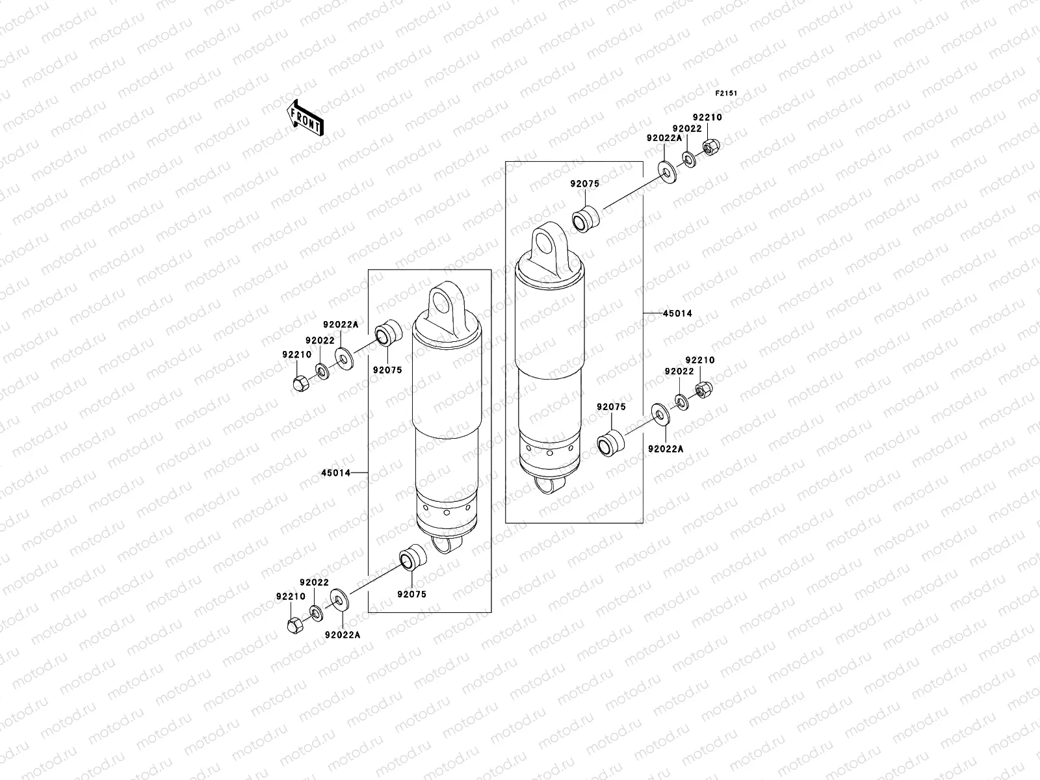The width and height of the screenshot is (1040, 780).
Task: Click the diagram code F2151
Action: point(727,94)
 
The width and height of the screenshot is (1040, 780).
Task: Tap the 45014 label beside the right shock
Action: point(677,313)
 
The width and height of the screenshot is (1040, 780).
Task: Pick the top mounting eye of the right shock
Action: point(546,244)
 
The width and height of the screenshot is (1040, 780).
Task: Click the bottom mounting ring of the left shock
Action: point(447,544)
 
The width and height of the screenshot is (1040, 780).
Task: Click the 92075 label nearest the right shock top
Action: point(585,184)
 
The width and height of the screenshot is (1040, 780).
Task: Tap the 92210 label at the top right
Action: point(707,118)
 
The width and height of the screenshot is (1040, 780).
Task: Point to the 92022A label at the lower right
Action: point(666,449)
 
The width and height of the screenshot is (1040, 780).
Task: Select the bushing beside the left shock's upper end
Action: point(391,333)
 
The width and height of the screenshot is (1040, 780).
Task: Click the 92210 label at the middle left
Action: point(296,354)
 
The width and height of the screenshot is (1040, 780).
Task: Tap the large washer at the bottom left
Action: point(339,599)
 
